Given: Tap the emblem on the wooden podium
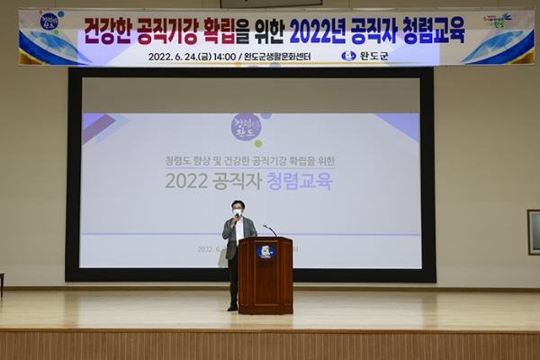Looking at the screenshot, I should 265,252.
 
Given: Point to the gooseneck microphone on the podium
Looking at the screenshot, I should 269,230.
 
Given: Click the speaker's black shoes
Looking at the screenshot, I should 232,308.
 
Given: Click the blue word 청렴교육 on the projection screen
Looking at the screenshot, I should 300,181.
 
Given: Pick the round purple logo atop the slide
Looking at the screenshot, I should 245,126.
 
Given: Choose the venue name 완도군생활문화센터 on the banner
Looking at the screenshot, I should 284,56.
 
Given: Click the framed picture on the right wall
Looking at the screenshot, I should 533,232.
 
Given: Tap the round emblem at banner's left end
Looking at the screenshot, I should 49,21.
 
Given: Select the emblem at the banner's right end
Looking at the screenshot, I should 497,20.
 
